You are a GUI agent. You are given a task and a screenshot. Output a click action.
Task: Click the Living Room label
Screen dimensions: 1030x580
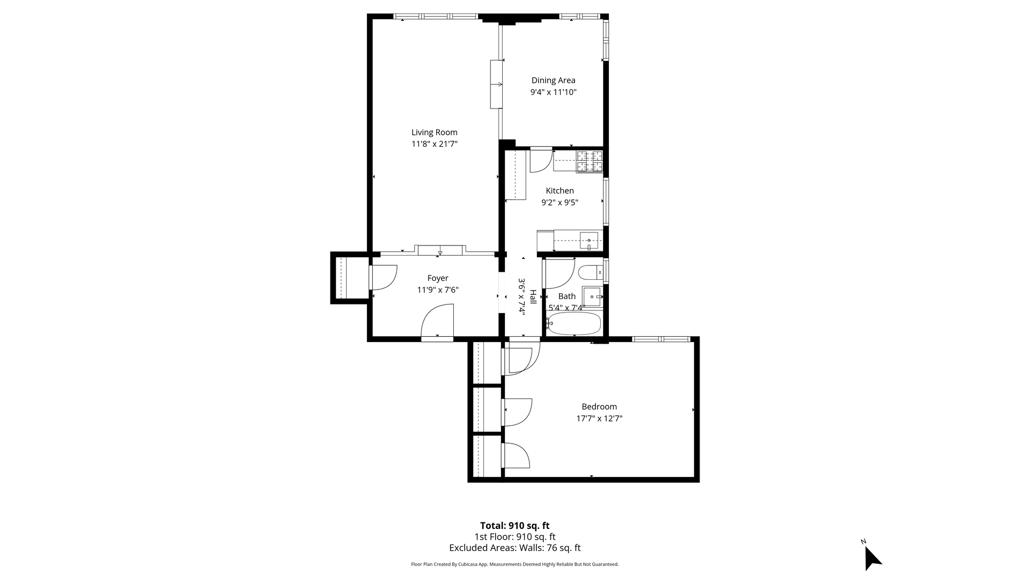pos(435,133)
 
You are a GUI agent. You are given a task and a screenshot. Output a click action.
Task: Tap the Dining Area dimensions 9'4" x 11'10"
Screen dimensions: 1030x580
pos(554,92)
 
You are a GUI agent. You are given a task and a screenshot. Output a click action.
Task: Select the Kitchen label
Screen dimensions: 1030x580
pos(560,191)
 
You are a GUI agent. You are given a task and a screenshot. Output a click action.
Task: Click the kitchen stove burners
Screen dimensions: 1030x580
pos(590,162)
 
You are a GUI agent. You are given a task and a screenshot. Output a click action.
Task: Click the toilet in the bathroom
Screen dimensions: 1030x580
pos(591,273)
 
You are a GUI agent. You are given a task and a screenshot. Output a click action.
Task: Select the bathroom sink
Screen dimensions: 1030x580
pos(592,296)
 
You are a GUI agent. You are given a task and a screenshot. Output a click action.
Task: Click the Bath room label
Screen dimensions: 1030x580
pos(567,296)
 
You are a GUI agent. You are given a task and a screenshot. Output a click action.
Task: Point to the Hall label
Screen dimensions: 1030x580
pos(533,297)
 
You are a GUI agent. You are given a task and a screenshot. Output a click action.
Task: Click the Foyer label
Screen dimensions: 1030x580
pos(438,278)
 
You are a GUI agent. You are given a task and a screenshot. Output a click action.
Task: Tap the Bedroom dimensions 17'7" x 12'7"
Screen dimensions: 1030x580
pos(599,418)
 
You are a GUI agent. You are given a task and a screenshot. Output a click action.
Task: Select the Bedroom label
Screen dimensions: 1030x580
pos(599,407)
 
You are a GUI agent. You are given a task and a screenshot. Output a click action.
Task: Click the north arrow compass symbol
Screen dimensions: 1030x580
pos(872,557)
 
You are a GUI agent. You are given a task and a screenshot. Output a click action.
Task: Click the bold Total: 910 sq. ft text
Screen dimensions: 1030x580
pos(514,526)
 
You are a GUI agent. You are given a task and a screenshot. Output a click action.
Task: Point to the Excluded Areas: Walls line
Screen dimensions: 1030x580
pos(514,548)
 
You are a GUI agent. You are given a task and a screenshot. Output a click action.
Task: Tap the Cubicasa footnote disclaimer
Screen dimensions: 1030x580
pos(514,564)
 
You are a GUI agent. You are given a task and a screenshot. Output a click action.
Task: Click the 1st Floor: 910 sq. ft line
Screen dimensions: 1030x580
pos(514,537)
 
